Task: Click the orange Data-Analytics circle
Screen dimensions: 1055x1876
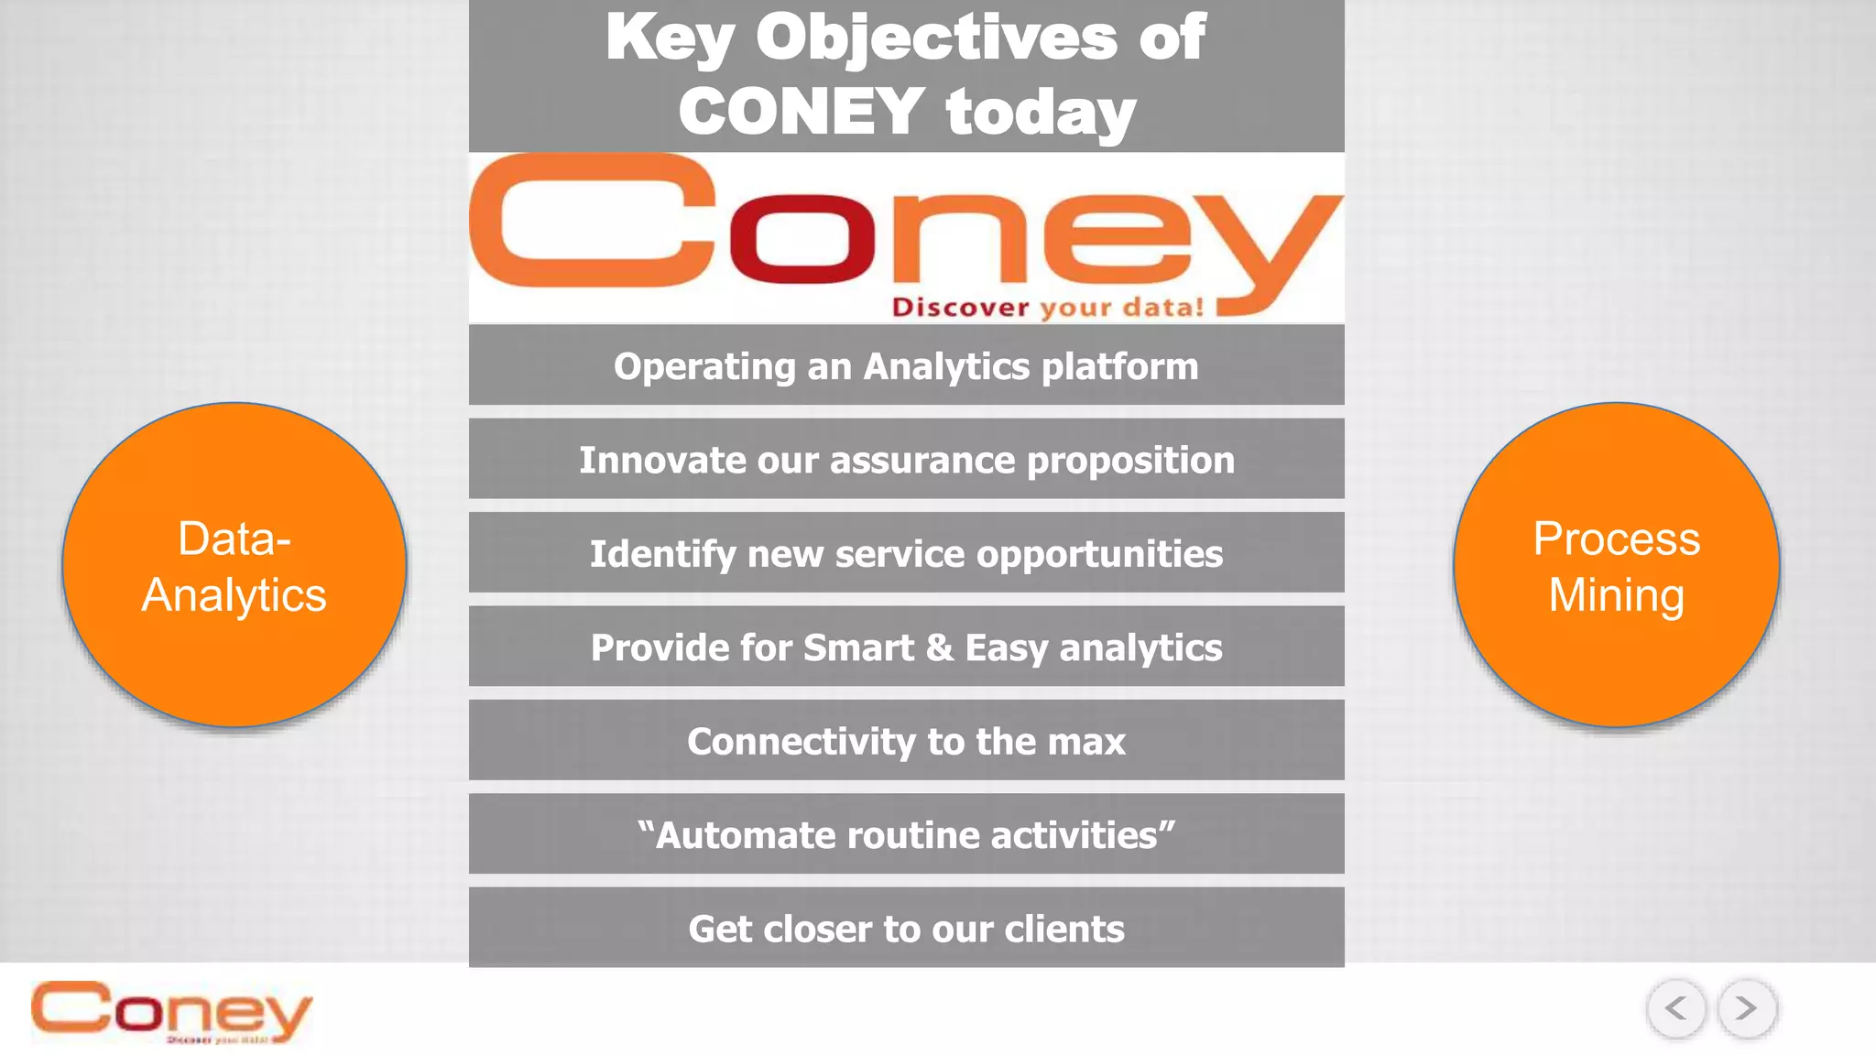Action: coord(234,565)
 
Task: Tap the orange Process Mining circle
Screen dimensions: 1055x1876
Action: coord(1617,565)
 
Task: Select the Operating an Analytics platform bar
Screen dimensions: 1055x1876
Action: coord(906,365)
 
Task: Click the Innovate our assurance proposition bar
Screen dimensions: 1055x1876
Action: coord(906,459)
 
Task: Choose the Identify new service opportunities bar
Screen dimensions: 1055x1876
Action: coord(906,553)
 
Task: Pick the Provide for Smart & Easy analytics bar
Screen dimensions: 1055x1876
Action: coord(906,647)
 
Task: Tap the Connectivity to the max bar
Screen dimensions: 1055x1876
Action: coord(906,740)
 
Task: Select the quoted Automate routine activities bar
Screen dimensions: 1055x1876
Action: coord(906,834)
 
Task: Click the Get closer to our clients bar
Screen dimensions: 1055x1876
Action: coord(906,928)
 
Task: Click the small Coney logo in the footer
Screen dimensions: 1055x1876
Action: coord(171,1011)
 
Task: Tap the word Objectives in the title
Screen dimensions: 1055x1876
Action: coord(935,38)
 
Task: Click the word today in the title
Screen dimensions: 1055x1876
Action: coord(1041,112)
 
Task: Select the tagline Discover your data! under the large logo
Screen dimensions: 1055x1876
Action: coord(1048,307)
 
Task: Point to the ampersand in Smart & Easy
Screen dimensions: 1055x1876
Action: coord(939,647)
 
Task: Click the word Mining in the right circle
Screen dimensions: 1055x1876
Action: coord(1617,595)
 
